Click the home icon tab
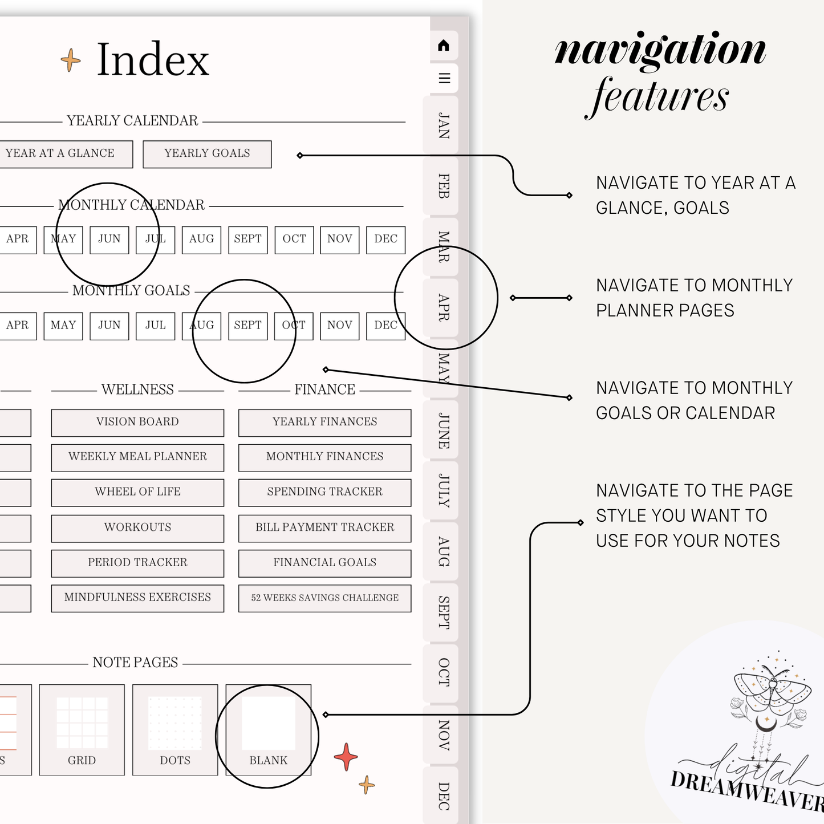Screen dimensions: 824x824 pos(444,45)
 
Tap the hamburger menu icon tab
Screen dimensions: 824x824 pos(444,78)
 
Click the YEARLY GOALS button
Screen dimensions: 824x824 pos(207,154)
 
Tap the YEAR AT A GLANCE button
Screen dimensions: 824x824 pos(64,154)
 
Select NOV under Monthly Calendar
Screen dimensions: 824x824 pos(339,240)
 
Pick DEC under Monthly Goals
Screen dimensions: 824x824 pos(385,326)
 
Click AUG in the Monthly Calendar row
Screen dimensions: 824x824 pos(201,240)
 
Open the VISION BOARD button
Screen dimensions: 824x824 pos(137,423)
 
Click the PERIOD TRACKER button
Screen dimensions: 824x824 pos(137,563)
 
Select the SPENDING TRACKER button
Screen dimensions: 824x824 pos(324,493)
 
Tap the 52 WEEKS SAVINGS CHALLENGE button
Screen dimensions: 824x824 pos(324,598)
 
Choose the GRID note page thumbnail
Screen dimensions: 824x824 pos(82,730)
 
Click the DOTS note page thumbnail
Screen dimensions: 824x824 pos(175,730)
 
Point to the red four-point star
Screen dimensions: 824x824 pos(346,757)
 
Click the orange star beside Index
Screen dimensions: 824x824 pos(71,60)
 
